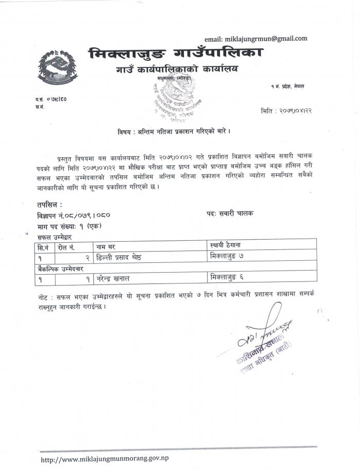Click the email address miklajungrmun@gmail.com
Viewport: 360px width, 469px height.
[x=256, y=39]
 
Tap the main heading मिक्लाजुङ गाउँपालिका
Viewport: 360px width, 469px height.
[x=175, y=53]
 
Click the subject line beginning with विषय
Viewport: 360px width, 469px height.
[x=174, y=131]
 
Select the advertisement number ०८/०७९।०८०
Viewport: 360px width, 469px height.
[x=87, y=214]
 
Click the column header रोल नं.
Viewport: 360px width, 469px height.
[x=67, y=247]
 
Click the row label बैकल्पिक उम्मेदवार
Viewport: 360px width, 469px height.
[x=61, y=268]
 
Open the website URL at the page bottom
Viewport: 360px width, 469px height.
[x=105, y=458]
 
